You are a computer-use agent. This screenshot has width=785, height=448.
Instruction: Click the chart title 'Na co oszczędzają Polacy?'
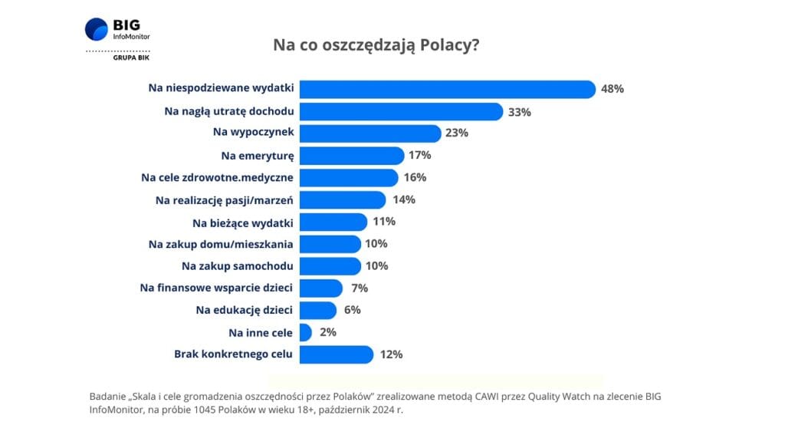376,45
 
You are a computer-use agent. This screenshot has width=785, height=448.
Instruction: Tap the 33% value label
519,112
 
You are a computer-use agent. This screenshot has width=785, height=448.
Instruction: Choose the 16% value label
414,178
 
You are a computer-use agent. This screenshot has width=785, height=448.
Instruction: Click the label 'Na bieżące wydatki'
243,222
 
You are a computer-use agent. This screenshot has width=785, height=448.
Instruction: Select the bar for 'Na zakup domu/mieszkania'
330,244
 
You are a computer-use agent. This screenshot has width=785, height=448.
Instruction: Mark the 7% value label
358,288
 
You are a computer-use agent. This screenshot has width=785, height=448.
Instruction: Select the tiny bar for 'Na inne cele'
305,333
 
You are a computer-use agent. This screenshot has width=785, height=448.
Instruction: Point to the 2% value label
327,333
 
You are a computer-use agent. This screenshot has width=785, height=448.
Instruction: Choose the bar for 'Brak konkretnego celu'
337,354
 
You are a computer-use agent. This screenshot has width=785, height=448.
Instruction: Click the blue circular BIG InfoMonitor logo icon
97,29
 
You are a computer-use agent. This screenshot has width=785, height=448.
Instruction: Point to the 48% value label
613,89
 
